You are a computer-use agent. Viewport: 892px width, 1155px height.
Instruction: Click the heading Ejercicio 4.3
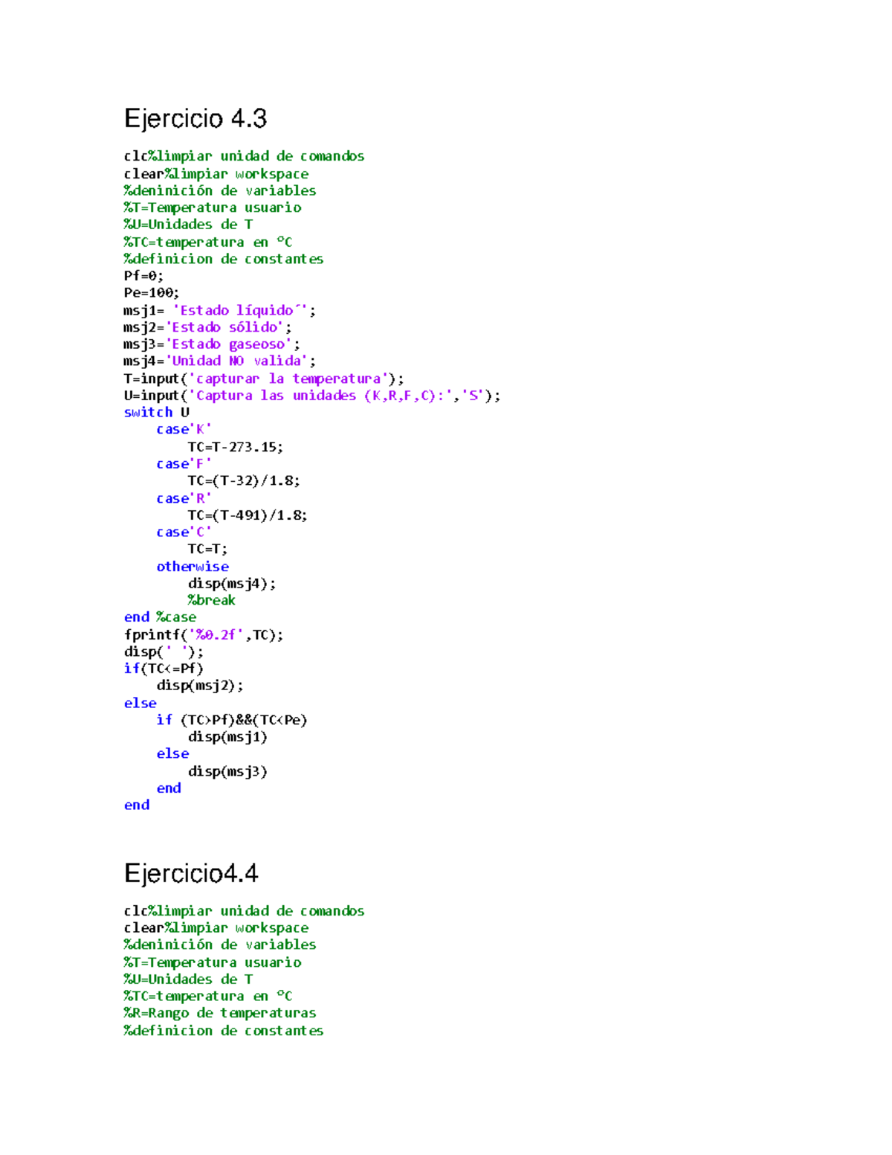point(195,119)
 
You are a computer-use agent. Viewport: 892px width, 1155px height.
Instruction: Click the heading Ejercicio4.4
point(191,873)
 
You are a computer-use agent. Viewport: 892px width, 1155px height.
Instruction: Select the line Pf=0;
point(143,276)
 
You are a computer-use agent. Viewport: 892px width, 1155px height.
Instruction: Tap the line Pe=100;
point(152,293)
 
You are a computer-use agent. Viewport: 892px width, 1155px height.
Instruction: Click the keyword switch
point(148,413)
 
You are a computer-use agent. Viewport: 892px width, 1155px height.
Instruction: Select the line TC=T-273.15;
point(235,447)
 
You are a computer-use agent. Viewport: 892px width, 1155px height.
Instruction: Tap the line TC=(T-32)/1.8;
point(244,481)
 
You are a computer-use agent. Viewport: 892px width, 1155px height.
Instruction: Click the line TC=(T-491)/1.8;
point(247,515)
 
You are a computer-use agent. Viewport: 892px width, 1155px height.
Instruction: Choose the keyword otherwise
point(193,567)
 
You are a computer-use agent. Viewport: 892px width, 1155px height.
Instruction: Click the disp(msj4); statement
point(231,584)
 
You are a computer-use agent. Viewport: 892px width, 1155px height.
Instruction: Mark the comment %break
point(211,600)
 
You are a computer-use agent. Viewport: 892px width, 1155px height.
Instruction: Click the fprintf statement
point(203,635)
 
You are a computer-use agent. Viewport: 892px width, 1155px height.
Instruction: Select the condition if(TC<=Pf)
point(164,669)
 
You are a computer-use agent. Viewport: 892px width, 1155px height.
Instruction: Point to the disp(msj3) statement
point(227,771)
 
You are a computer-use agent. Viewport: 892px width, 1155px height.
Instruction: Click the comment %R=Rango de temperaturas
point(220,1013)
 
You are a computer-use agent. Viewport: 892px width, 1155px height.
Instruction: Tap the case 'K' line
point(184,430)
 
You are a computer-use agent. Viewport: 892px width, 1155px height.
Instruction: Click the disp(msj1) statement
point(227,737)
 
